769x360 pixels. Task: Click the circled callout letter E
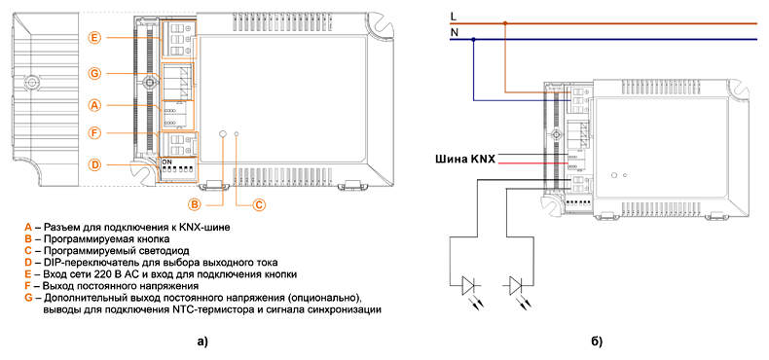95,38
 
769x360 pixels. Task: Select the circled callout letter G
95,74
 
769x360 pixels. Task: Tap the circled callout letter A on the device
95,105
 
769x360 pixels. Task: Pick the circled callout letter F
95,132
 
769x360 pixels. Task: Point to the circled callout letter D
95,164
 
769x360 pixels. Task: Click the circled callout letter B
195,204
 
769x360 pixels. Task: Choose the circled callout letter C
259,204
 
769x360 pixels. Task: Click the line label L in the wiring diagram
453,17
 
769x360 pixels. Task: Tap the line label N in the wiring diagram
454,32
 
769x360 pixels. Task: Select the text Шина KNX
465,159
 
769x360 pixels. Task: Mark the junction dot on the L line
505,23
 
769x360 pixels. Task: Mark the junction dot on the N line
473,39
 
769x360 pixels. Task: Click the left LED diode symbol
471,285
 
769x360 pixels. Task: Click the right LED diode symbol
518,285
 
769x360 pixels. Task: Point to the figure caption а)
202,342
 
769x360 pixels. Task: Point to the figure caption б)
597,342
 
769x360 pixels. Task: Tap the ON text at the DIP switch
166,161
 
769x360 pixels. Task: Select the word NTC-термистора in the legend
203,310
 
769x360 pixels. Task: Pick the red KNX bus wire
533,163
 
